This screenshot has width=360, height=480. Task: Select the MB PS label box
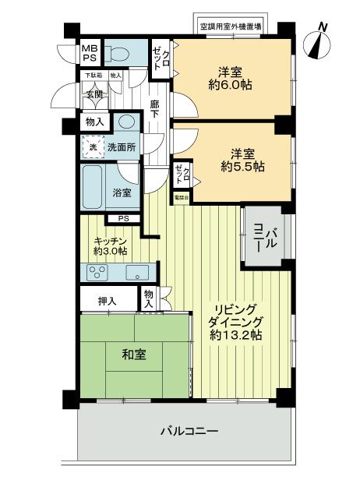click(90, 54)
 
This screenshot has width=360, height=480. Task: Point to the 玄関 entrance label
click(94, 94)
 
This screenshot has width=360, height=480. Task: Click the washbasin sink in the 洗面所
click(126, 122)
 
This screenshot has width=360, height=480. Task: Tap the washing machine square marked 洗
click(92, 146)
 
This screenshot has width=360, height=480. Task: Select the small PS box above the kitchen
click(123, 218)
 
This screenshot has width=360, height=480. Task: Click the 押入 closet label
click(108, 301)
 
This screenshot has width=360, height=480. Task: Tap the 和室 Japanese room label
click(132, 355)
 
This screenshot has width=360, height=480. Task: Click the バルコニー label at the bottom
click(189, 431)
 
